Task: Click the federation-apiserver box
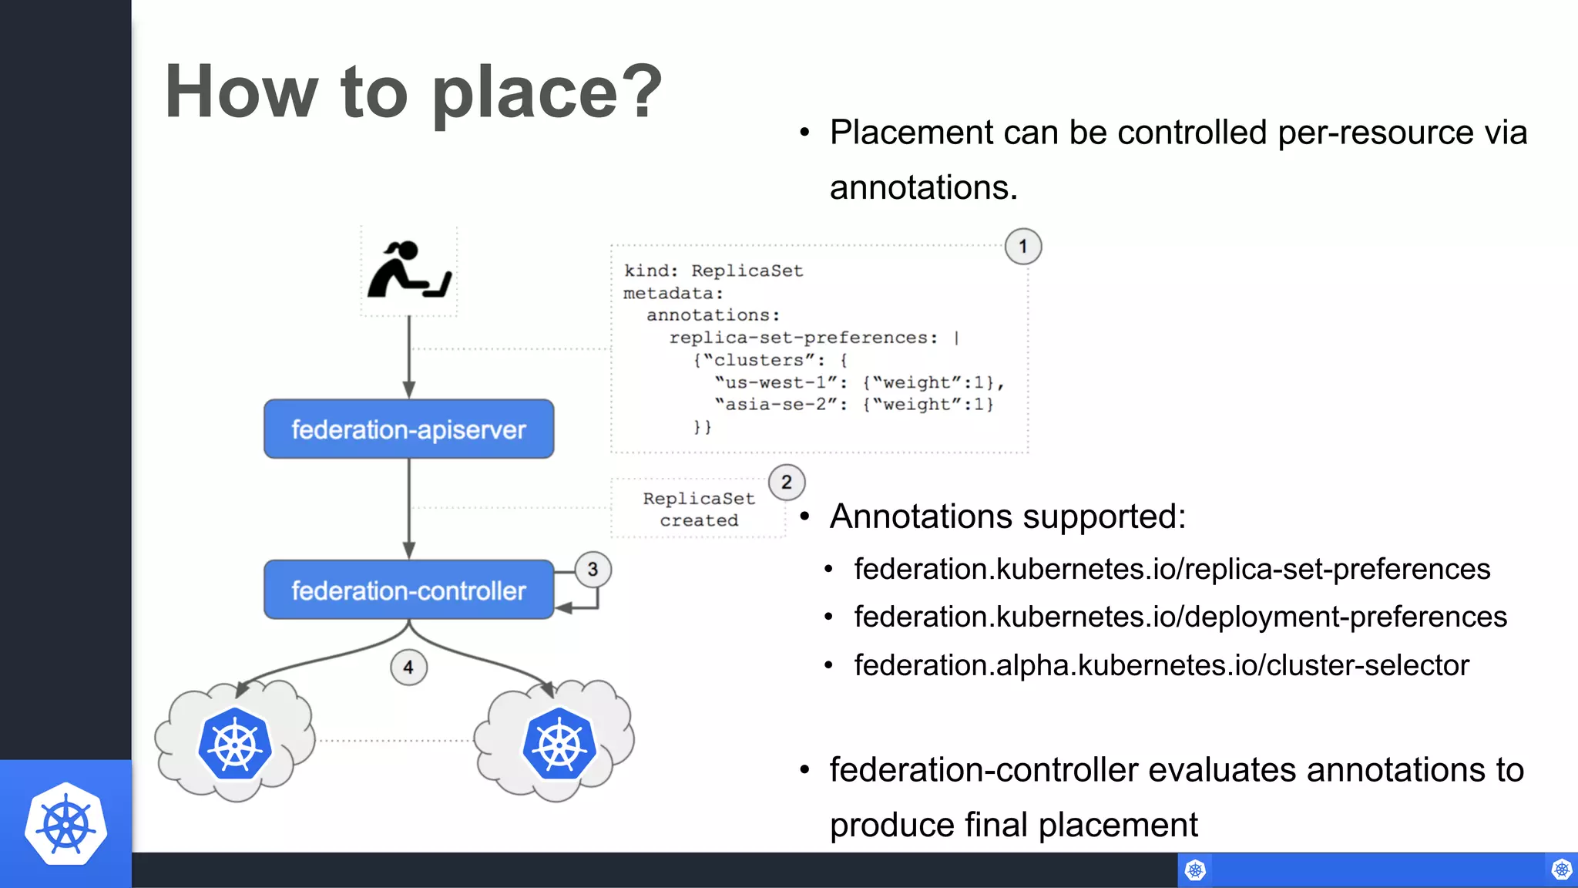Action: tap(408, 429)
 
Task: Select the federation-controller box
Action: tap(408, 590)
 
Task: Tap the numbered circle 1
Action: tap(1023, 247)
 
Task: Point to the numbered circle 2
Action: tap(787, 483)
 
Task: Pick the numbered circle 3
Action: tap(593, 570)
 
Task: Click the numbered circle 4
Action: tap(408, 668)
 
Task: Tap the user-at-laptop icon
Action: tap(409, 271)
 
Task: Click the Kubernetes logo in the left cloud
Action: tap(235, 743)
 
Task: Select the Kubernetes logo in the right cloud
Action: tap(559, 743)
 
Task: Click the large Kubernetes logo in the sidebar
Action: tap(65, 824)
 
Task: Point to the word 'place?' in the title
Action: tap(547, 92)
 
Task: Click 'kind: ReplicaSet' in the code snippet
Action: tap(713, 271)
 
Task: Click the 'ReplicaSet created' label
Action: tap(699, 510)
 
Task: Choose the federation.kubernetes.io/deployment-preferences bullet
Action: tap(1180, 617)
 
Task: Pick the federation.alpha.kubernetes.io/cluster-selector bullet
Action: tap(1161, 665)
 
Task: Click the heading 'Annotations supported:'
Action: tap(1008, 516)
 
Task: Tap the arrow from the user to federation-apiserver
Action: tap(409, 357)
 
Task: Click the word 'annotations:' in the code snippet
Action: tap(713, 315)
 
